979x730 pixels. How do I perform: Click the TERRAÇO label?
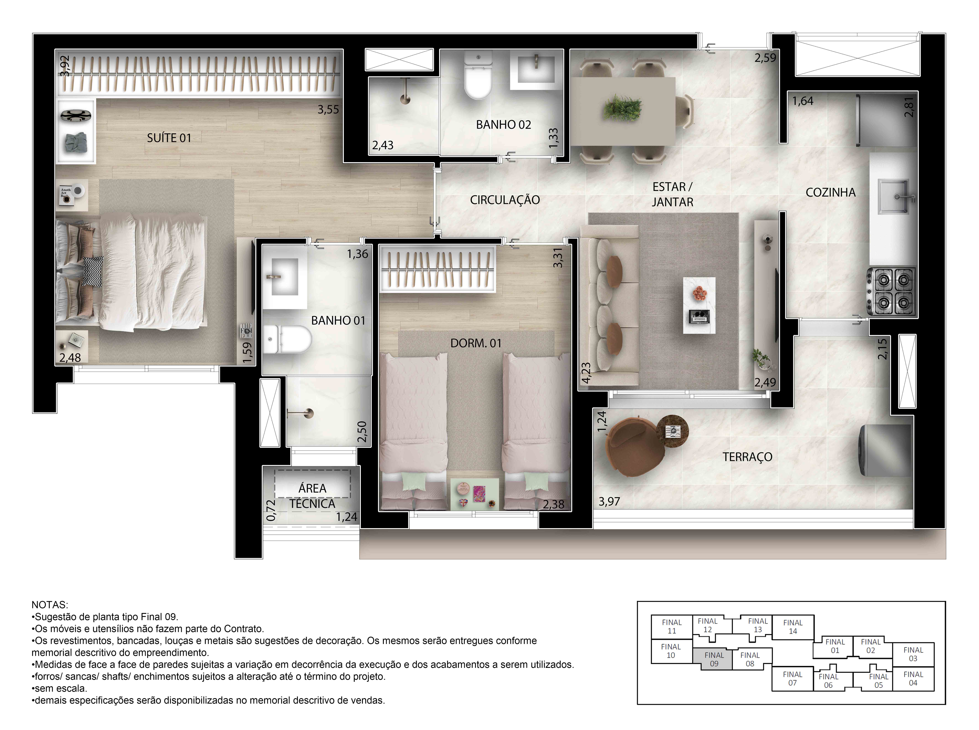point(747,457)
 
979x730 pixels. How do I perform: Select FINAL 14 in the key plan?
point(793,627)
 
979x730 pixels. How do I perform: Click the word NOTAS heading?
point(49,604)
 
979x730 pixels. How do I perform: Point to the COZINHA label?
point(830,193)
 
